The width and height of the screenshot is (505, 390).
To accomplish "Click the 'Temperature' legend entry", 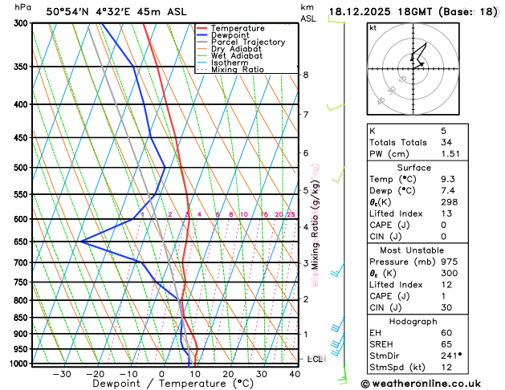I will point(238,28).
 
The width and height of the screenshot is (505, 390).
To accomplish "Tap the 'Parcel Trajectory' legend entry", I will point(247,42).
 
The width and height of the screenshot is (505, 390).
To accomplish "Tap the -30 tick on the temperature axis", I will point(62,374).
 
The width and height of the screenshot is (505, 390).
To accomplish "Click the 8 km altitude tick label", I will point(305,75).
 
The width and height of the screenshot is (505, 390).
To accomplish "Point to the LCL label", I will point(315,359).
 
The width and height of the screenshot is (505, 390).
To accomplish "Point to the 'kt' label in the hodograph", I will point(373,28).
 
